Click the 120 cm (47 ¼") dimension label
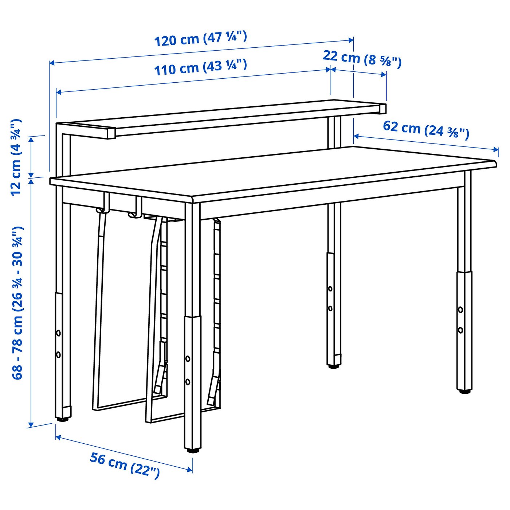tap(201, 39)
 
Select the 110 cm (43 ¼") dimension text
tap(201, 67)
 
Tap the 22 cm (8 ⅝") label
tap(362, 59)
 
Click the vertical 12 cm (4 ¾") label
tap(16, 157)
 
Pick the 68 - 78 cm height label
tap(17, 303)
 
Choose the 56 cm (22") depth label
tap(125, 465)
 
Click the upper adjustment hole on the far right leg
tap(460, 310)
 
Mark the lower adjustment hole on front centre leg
tap(188, 382)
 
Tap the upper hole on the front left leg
tap(58, 333)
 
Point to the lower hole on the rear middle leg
tap(330, 309)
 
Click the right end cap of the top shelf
tap(382, 109)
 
